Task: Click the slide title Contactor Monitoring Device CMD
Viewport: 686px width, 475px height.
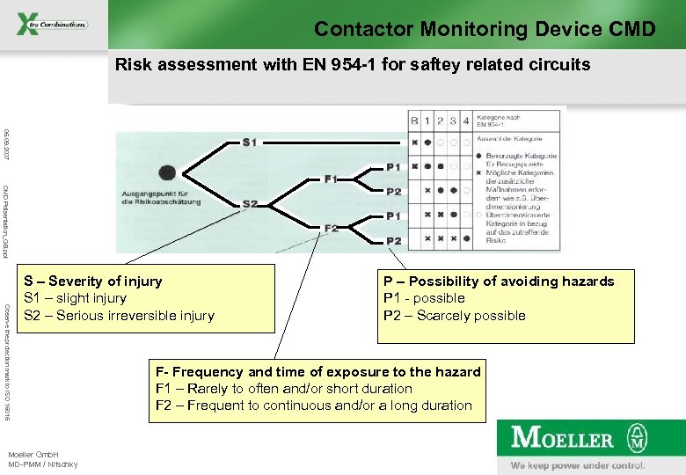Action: point(485,29)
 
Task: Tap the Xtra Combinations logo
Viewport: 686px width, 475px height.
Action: point(52,24)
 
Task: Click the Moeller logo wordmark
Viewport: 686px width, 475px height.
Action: point(563,438)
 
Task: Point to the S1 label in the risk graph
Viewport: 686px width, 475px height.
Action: point(250,142)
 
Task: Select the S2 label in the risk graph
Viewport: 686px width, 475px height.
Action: point(250,204)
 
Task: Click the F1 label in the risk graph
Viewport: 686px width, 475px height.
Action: point(331,179)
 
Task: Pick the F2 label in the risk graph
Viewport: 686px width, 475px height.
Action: point(331,228)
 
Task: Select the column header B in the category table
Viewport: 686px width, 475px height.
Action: point(414,121)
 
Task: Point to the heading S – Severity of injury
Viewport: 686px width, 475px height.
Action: point(93,281)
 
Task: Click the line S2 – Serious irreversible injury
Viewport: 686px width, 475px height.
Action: point(119,316)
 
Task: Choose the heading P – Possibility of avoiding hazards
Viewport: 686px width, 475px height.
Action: point(499,281)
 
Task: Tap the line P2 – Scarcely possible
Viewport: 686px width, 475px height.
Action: point(454,316)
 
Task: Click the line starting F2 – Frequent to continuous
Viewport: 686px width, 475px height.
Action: point(314,406)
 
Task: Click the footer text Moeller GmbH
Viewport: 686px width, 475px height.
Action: point(33,454)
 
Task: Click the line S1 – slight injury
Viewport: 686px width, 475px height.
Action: point(75,298)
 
